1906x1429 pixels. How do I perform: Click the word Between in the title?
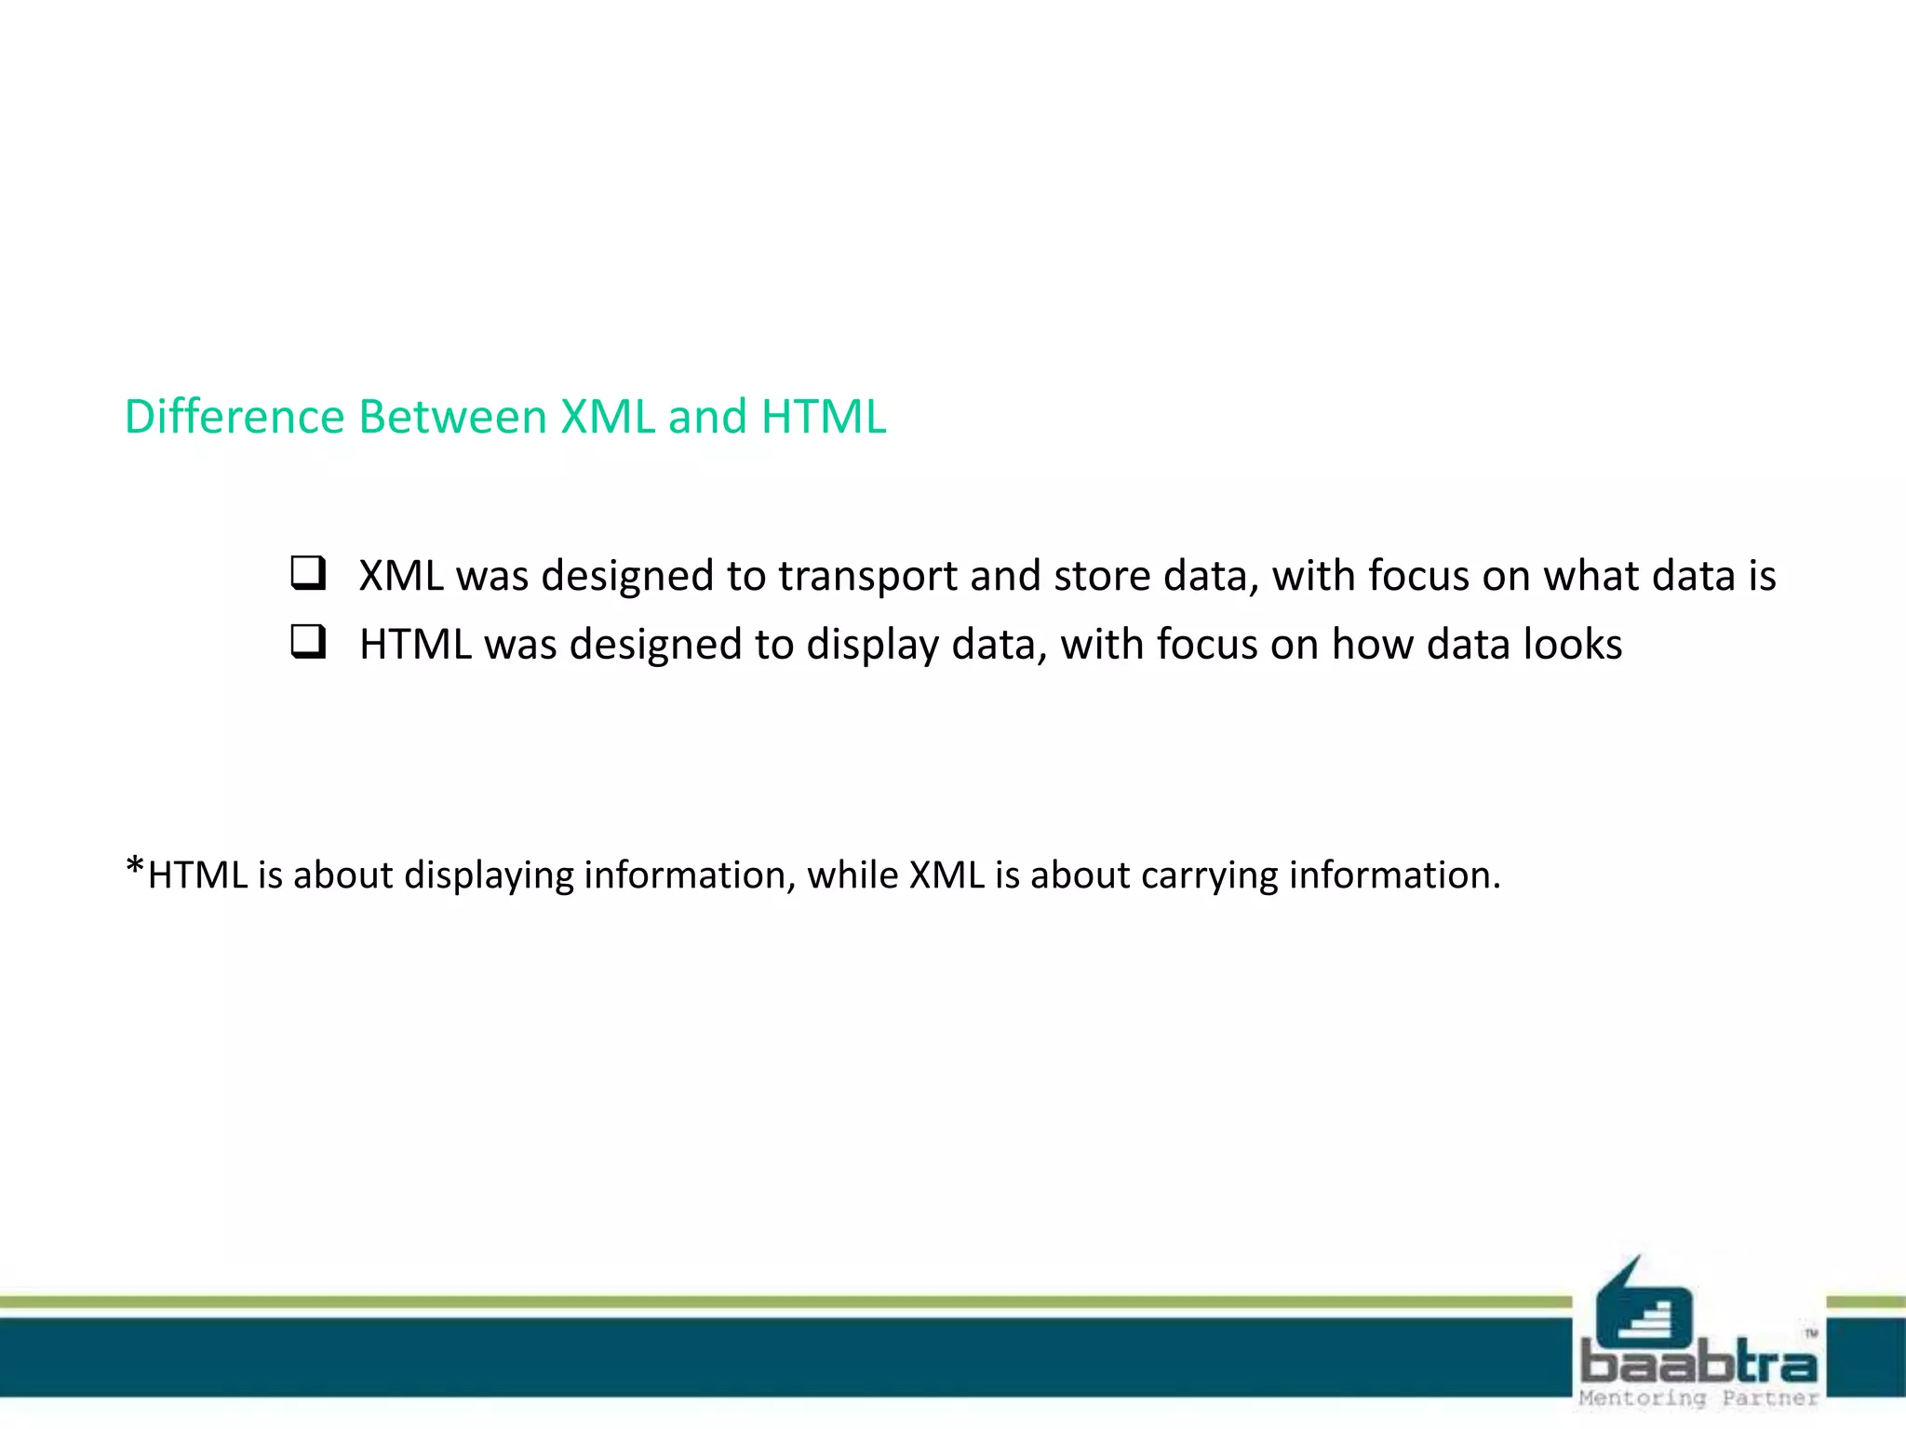(x=452, y=416)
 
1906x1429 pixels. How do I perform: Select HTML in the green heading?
(x=823, y=416)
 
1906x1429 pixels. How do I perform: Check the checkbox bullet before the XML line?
(x=308, y=573)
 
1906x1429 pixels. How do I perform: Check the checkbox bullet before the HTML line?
(x=308, y=642)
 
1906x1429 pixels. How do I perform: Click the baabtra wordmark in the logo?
(x=1698, y=1363)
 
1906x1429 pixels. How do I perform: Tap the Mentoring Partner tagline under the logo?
(x=1698, y=1398)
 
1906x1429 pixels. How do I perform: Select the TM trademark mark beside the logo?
(x=1811, y=1333)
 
